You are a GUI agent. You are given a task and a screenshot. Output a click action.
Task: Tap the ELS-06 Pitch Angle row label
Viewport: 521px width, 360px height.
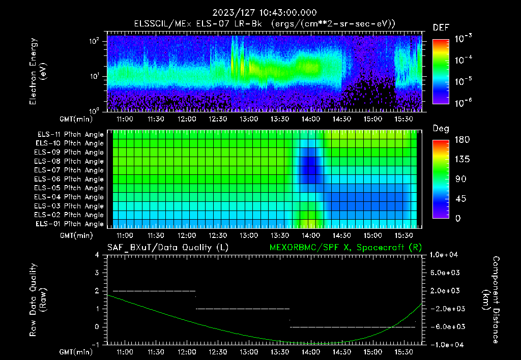[x=69, y=179]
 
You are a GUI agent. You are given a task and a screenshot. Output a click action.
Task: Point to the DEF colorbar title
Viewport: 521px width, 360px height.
[x=441, y=27]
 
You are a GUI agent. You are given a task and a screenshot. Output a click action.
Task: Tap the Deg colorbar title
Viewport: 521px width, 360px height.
[x=441, y=129]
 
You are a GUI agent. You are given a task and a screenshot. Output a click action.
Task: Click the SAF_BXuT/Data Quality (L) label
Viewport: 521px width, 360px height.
[x=167, y=248]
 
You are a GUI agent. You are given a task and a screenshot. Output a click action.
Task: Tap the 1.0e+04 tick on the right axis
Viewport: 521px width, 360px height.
[x=446, y=255]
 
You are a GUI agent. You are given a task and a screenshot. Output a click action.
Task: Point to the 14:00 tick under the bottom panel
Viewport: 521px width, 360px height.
[x=311, y=352]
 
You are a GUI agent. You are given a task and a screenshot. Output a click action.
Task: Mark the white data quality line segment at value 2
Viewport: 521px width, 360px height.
[x=154, y=291]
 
